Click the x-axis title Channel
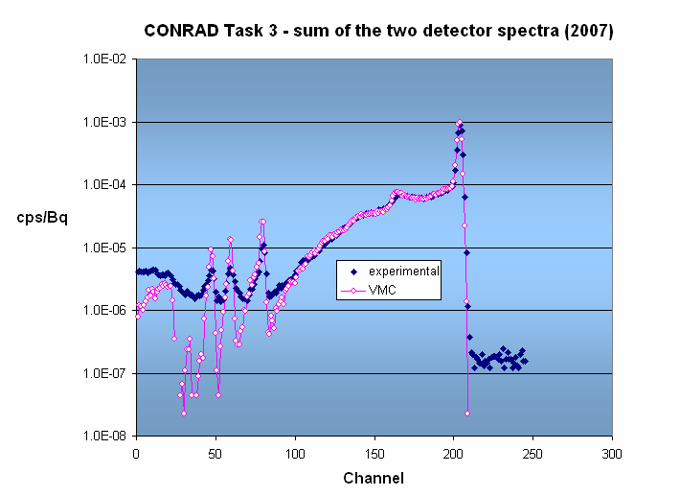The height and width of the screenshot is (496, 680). [x=374, y=478]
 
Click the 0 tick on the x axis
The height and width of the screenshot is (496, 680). [x=136, y=453]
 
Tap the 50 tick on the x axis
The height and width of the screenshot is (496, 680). [x=215, y=453]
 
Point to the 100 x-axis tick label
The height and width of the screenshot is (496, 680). [x=295, y=453]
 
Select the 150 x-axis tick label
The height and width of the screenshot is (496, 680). [x=374, y=453]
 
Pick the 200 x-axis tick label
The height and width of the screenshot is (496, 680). [x=454, y=453]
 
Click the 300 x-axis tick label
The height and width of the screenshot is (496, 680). [x=613, y=453]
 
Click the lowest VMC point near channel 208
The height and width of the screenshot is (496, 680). [x=467, y=413]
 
